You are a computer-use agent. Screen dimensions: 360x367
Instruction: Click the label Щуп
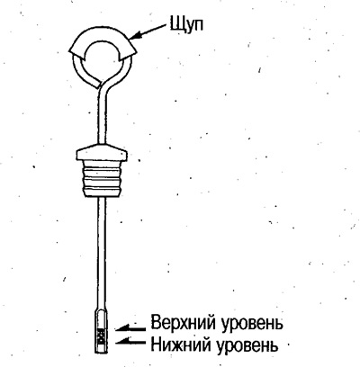point(186,24)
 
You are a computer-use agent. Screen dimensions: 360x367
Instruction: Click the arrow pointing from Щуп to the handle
point(148,31)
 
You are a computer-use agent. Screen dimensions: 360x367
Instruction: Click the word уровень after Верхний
point(252,324)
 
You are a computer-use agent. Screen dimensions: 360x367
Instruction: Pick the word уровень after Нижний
point(246,345)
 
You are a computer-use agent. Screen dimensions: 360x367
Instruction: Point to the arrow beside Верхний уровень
point(130,328)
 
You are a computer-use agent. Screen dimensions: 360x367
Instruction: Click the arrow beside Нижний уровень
point(130,340)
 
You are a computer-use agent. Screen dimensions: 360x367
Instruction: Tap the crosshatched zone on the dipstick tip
point(101,336)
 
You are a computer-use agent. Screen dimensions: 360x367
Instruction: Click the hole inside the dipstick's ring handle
point(102,57)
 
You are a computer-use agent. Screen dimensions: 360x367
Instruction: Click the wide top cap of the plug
point(102,152)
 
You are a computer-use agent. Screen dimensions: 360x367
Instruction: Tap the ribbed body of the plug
point(102,178)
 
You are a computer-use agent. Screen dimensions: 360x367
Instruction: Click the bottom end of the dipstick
point(101,353)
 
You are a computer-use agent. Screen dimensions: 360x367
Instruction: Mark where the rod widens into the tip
point(102,311)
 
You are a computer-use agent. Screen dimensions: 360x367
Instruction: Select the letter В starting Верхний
point(156,322)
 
